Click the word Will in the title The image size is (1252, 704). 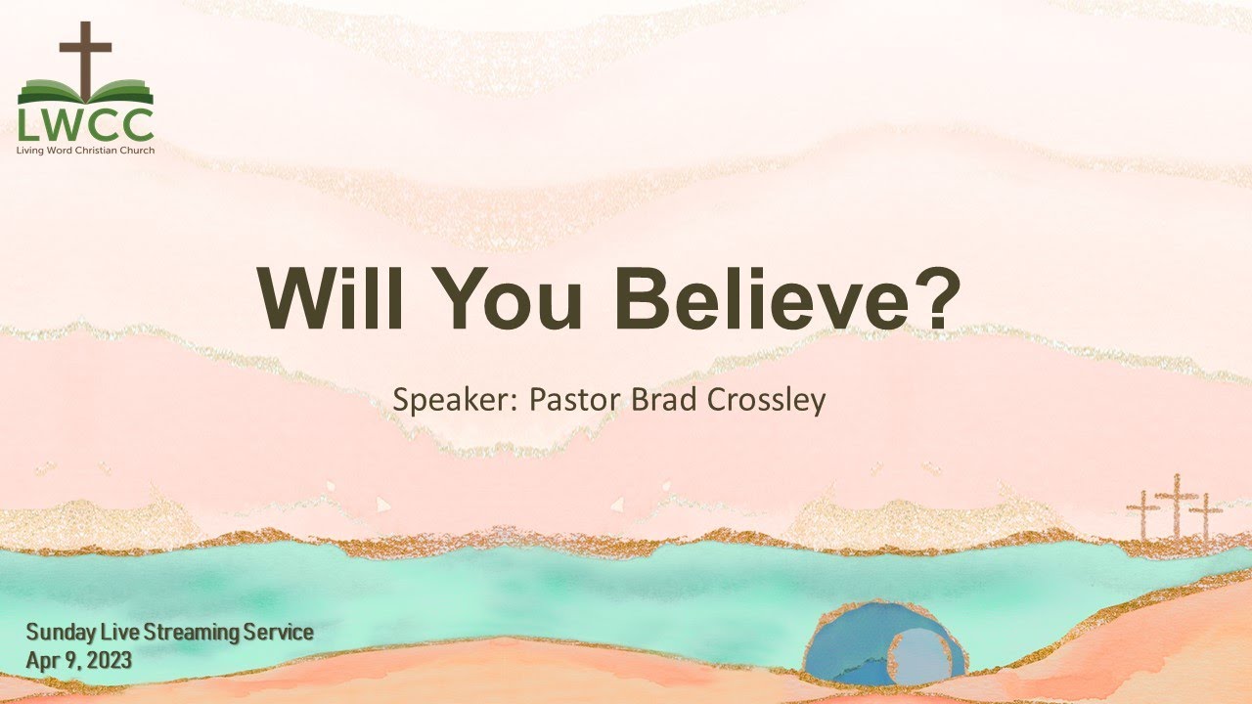324,298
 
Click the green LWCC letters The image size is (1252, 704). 85,125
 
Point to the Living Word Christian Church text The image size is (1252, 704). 85,150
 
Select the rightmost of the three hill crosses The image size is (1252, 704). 1206,516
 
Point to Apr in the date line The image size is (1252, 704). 41,661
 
